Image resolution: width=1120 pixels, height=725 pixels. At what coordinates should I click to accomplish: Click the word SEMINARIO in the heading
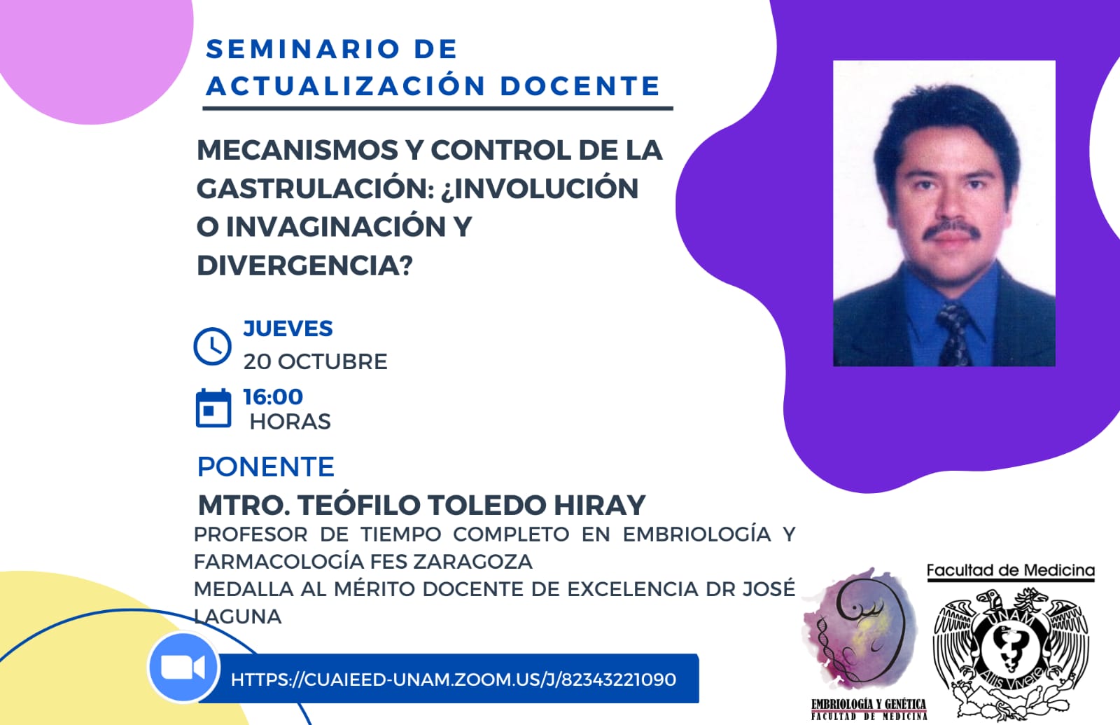303,49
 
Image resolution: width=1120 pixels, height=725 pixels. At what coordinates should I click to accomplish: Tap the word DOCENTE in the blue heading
580,86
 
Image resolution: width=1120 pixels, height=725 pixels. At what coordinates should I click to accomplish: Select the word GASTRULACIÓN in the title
316,188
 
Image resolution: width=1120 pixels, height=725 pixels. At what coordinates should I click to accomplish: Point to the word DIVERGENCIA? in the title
305,265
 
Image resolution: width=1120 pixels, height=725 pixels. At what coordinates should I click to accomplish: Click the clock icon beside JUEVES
213,346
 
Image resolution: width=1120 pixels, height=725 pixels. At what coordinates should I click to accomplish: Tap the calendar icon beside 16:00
213,408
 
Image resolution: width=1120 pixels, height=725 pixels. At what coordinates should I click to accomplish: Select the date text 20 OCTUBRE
316,361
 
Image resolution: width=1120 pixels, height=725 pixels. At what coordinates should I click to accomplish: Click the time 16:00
273,396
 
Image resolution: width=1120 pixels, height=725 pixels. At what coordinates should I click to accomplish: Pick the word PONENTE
266,467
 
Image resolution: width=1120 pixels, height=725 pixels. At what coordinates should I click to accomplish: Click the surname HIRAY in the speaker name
599,505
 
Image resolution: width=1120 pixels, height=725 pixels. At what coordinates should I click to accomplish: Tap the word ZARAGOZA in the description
473,561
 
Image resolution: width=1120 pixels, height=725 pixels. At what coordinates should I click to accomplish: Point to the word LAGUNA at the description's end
238,616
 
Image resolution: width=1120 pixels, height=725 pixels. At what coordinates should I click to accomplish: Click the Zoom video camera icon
183,668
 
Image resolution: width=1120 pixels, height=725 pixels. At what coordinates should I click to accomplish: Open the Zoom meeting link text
454,679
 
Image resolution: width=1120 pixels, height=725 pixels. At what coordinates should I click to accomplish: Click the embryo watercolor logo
861,631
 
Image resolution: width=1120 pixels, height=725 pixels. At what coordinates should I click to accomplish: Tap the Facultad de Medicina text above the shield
1011,570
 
